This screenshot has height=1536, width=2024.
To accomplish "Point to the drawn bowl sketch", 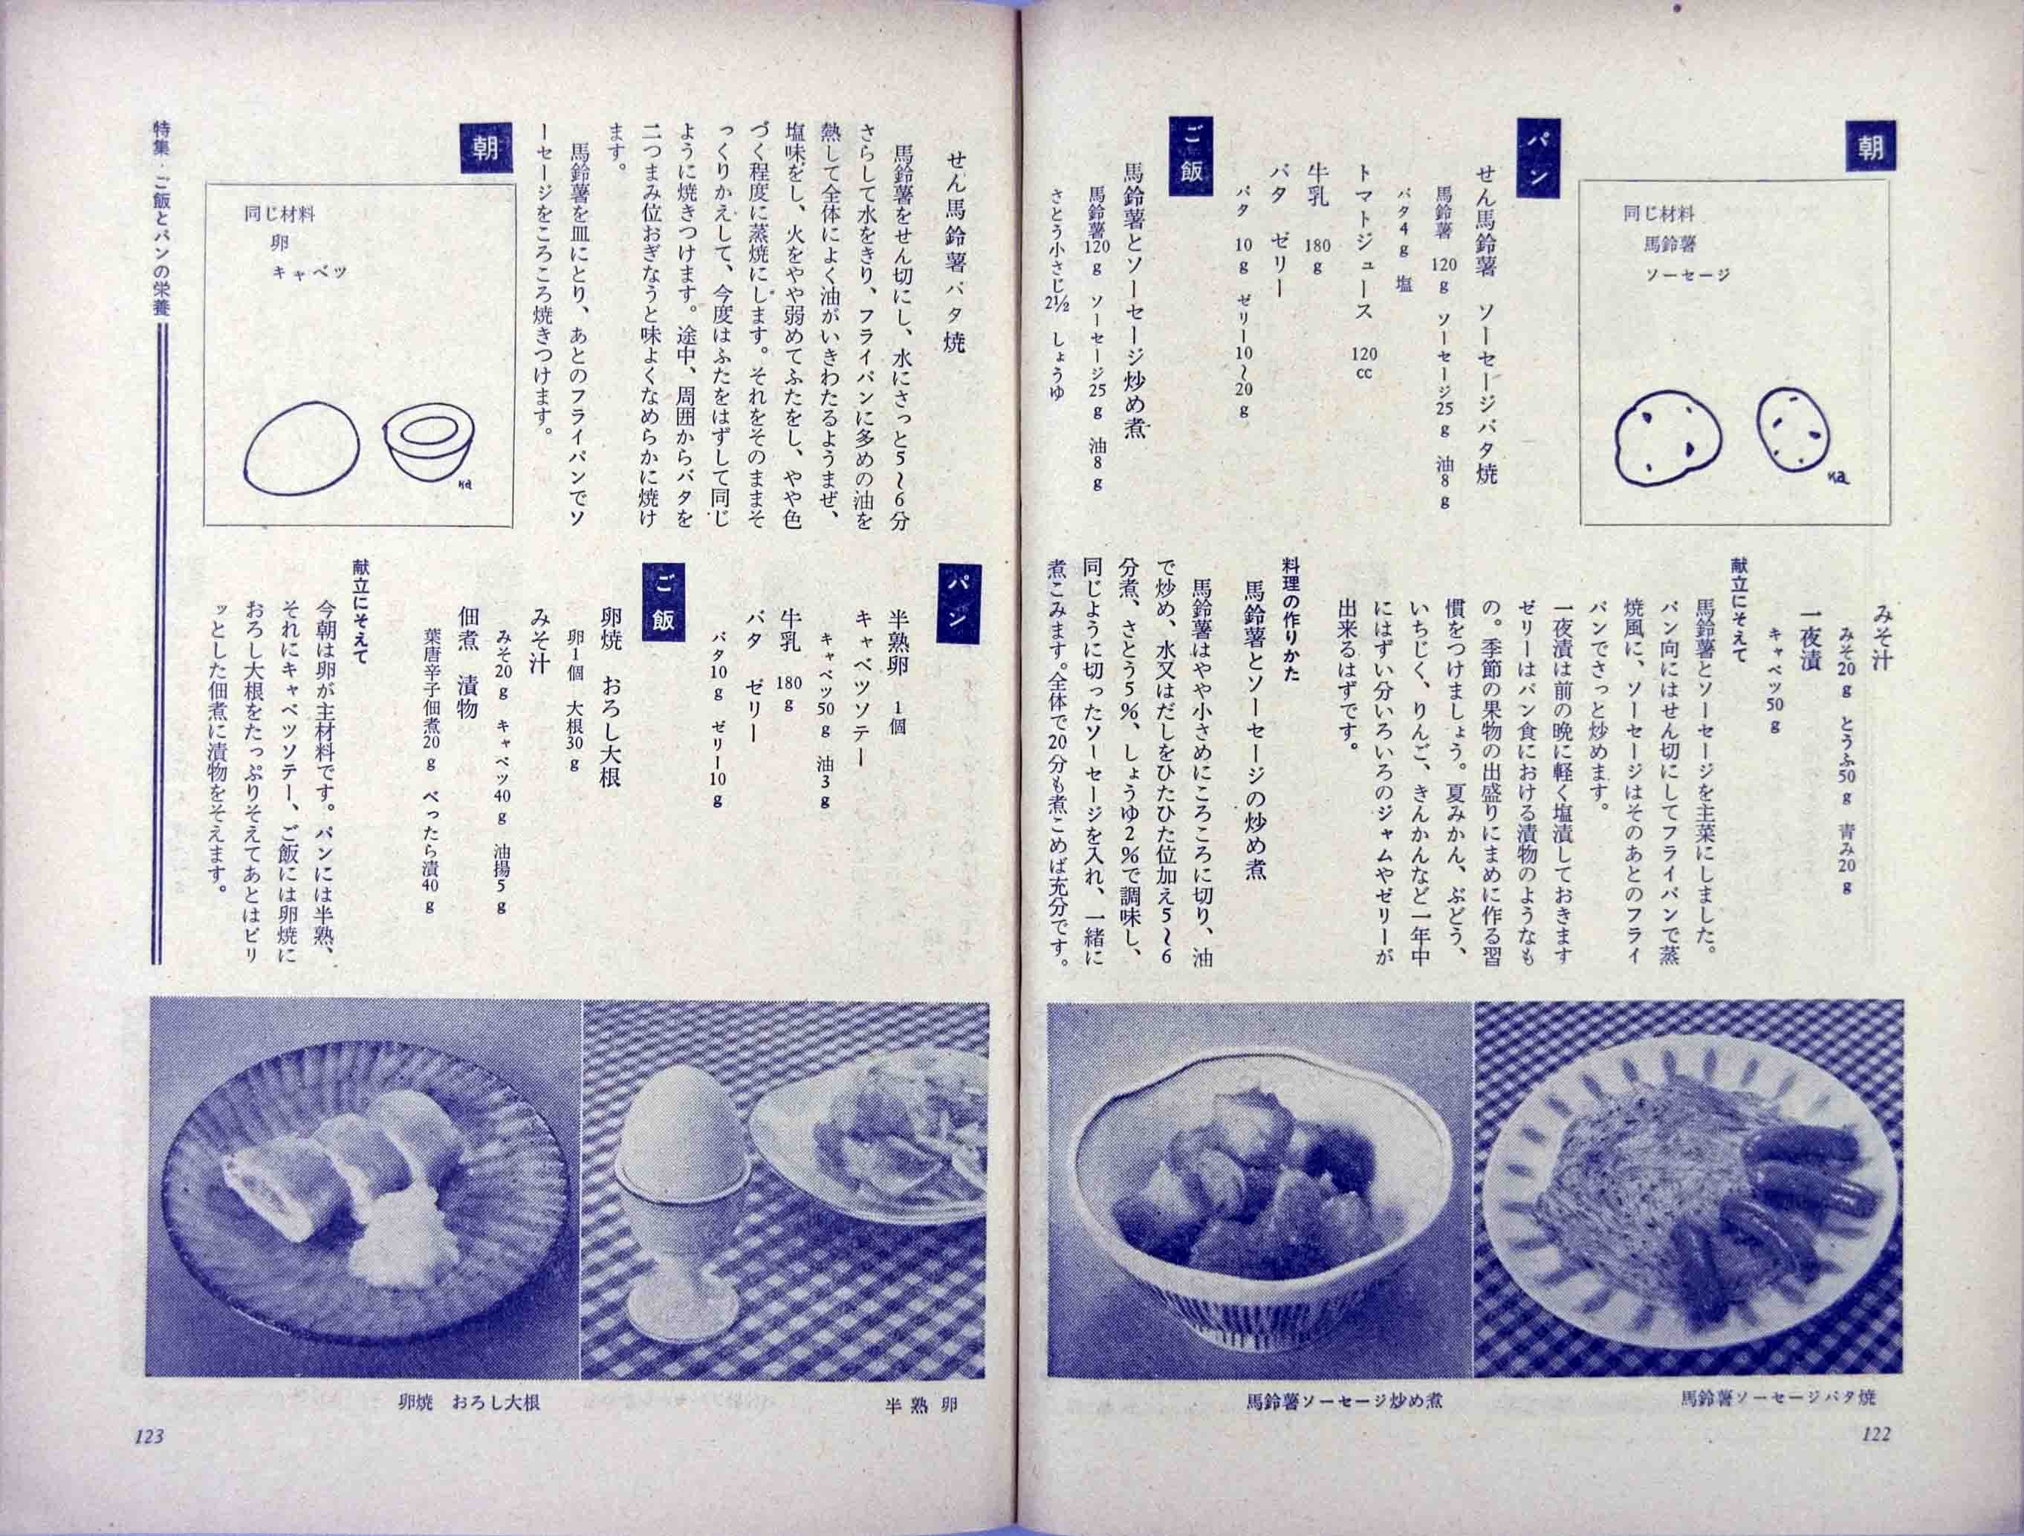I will (x=426, y=441).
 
